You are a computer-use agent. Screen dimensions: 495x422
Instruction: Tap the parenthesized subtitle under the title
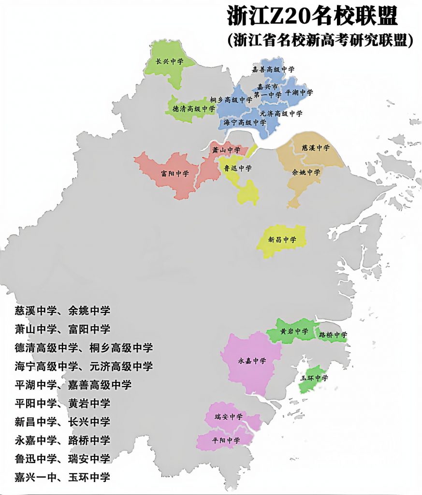point(320,40)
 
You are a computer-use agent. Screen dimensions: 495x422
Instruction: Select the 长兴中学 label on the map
point(169,62)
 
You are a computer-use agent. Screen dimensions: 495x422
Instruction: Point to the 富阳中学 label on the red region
point(175,173)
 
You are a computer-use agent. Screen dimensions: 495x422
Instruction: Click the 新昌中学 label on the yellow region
point(282,239)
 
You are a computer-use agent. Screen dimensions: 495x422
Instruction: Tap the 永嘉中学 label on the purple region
point(252,361)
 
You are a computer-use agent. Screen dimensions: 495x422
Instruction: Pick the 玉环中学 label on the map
point(315,378)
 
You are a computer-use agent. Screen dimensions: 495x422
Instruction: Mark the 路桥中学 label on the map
point(333,335)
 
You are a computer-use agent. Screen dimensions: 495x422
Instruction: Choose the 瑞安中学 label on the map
point(229,416)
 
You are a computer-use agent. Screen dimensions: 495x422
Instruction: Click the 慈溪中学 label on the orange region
point(316,147)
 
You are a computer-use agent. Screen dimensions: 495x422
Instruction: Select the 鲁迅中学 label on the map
point(238,168)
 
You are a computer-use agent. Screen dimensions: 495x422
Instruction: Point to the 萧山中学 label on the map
point(226,150)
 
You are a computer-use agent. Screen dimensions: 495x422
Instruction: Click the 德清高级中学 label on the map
point(192,109)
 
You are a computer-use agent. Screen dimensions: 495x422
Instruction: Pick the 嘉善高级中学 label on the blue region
point(273,70)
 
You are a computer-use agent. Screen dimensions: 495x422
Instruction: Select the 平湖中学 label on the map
point(299,92)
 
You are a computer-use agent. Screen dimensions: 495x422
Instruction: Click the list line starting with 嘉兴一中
point(62,477)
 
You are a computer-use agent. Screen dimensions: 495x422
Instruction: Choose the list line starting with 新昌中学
point(62,422)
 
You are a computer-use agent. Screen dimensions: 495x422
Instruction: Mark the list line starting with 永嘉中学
point(62,440)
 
